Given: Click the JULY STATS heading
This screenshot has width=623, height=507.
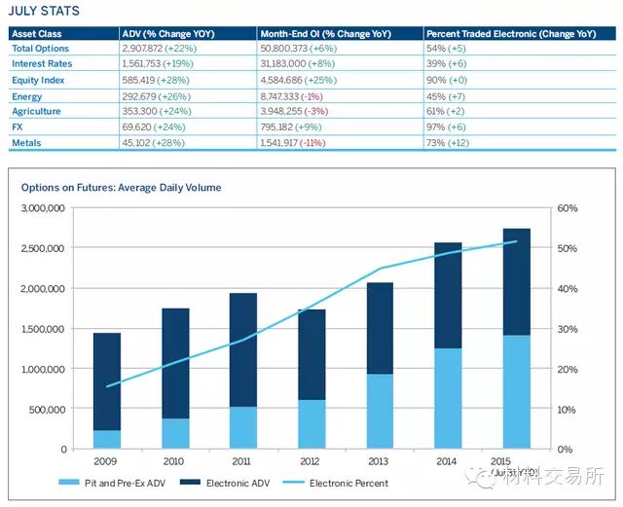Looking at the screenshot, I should click(45, 12).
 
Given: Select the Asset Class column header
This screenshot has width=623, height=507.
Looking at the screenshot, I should click(36, 33).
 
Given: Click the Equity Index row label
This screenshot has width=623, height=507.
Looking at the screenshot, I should click(38, 81).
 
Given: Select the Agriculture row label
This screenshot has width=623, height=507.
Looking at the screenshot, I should click(36, 112).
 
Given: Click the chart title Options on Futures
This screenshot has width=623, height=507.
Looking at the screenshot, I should click(121, 188).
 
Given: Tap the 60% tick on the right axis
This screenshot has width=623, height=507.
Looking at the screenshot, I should click(568, 208).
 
